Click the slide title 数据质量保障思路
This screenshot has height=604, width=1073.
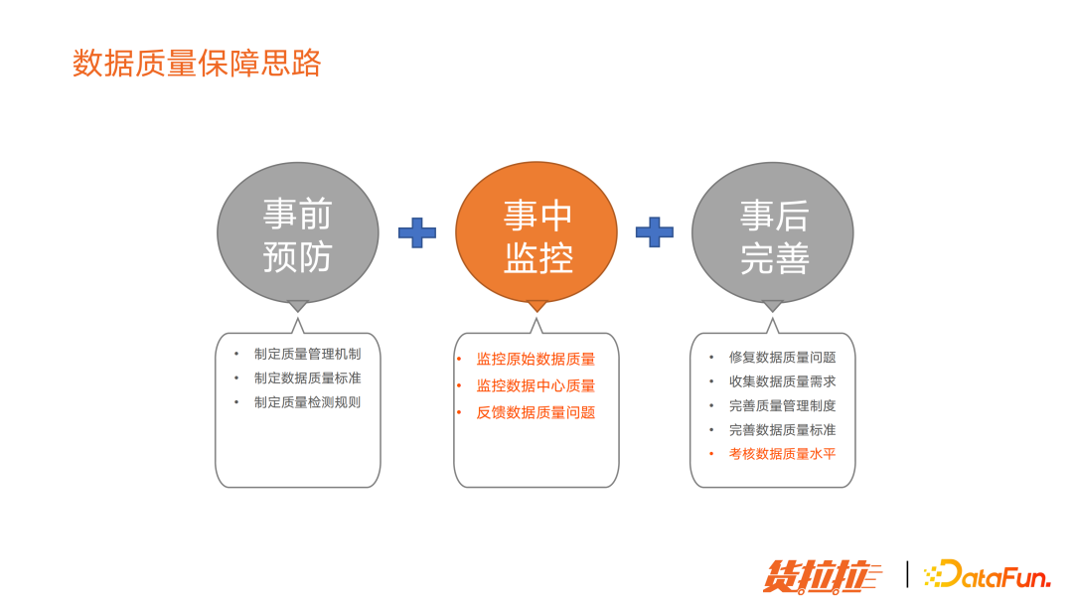tap(197, 64)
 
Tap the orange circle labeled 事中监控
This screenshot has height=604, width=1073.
tap(536, 234)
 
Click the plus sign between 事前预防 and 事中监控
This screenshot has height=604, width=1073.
tap(417, 232)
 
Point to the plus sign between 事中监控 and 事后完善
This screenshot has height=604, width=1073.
tap(654, 232)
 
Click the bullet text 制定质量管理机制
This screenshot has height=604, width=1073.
tap(307, 354)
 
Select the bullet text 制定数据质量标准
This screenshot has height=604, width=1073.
tap(307, 377)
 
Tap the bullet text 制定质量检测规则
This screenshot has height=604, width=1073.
tap(307, 402)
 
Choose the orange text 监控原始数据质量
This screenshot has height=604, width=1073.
tap(536, 360)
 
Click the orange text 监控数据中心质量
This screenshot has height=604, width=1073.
tap(536, 385)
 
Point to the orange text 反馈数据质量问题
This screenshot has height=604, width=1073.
tap(536, 412)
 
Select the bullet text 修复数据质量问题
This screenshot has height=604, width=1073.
tap(782, 358)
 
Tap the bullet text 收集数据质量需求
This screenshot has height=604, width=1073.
tap(782, 381)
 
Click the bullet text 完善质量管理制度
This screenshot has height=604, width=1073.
tap(782, 405)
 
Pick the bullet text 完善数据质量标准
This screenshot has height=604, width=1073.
tap(782, 430)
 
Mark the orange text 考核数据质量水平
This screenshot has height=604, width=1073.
tap(782, 454)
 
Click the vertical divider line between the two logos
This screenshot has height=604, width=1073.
tap(907, 574)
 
